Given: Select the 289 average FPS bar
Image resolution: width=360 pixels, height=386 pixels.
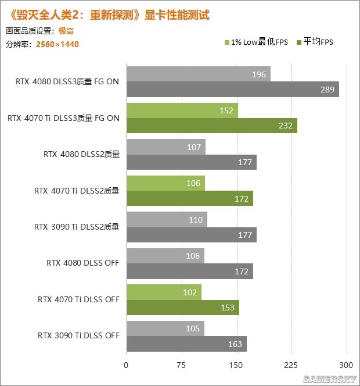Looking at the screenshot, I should pyautogui.click(x=232, y=89).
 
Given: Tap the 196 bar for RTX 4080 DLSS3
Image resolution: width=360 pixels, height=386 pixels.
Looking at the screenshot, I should pyautogui.click(x=198, y=74).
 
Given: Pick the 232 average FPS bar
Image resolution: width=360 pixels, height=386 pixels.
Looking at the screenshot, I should pyautogui.click(x=211, y=126).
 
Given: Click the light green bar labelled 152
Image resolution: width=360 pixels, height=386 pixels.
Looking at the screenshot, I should pyautogui.click(x=182, y=111).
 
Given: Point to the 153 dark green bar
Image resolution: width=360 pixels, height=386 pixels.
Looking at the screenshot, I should pyautogui.click(x=182, y=308).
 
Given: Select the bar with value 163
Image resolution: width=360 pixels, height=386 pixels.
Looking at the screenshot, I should pyautogui.click(x=186, y=344).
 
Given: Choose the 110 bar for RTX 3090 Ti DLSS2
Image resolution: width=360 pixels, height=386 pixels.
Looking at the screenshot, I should pyautogui.click(x=166, y=220).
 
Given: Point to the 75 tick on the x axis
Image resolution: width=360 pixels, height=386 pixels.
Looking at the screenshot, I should pyautogui.click(x=181, y=366).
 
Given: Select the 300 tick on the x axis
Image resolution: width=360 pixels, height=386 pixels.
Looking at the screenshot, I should pyautogui.click(x=347, y=366).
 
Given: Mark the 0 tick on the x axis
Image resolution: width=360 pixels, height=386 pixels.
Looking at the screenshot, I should pyautogui.click(x=126, y=366).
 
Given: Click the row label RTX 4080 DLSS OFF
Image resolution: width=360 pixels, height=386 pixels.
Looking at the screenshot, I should pyautogui.click(x=82, y=263).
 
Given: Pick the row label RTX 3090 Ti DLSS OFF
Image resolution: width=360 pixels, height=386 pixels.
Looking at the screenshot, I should pyautogui.click(x=78, y=335).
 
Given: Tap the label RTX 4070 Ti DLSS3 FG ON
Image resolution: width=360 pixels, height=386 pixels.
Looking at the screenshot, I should pyautogui.click(x=63, y=118).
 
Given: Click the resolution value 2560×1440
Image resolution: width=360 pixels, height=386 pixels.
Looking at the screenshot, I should pyautogui.click(x=57, y=44).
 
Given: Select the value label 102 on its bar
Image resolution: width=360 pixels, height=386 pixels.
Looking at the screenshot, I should pyautogui.click(x=190, y=292).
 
